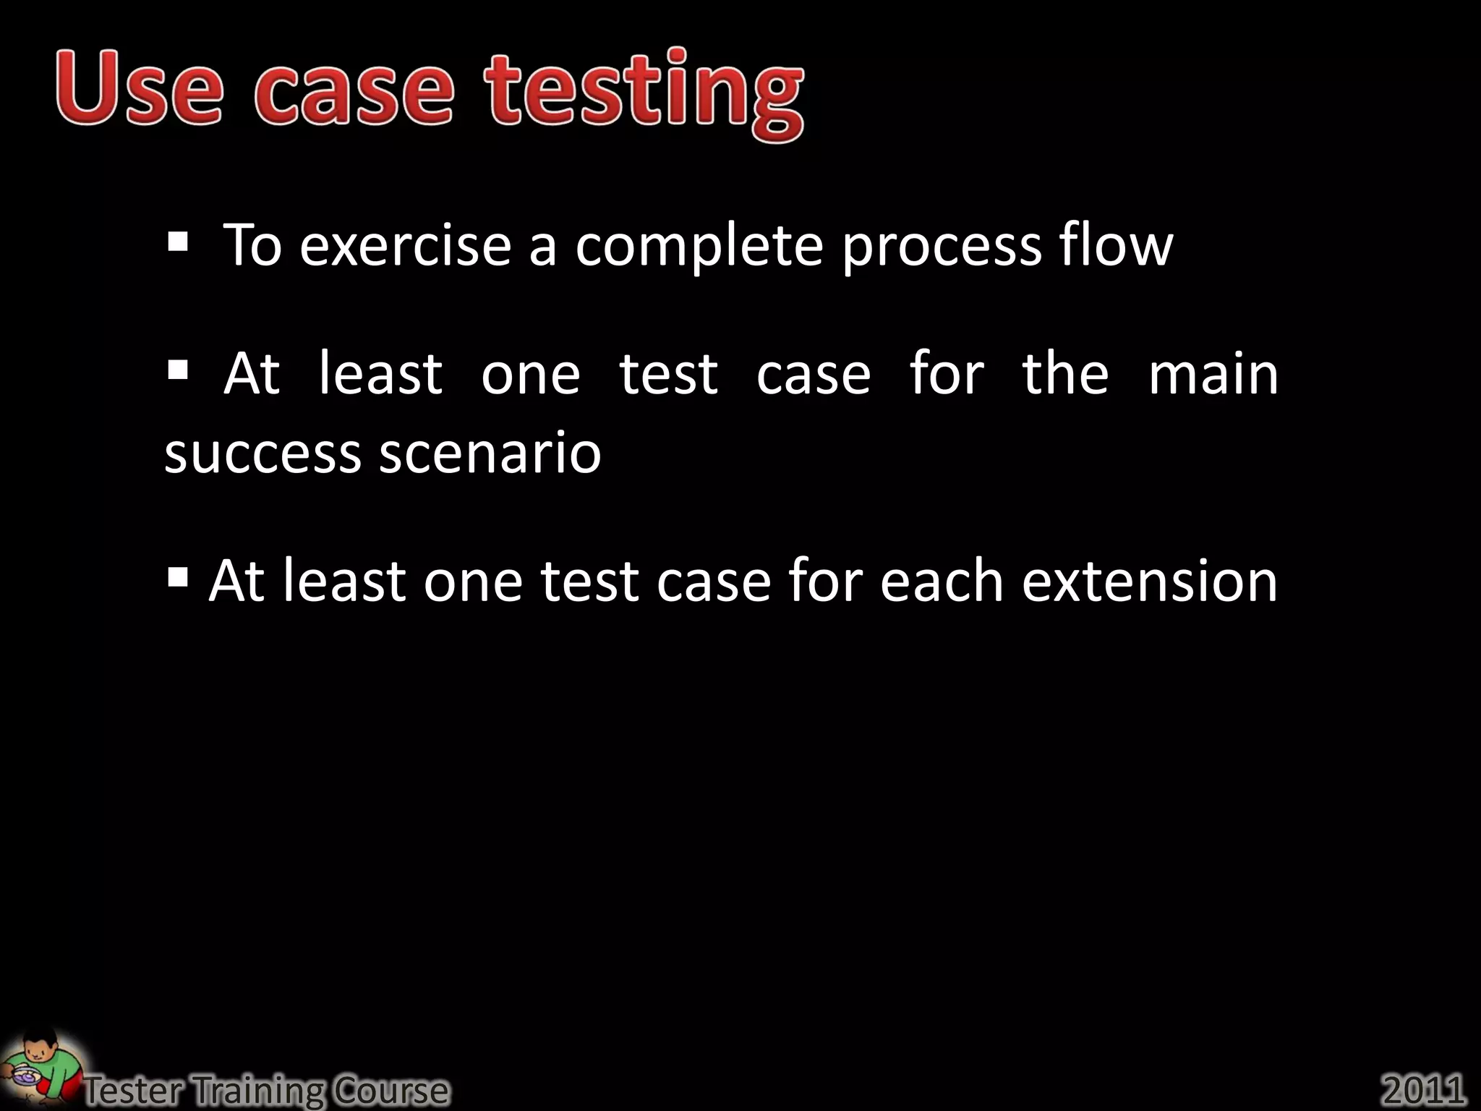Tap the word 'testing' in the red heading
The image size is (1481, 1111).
point(644,94)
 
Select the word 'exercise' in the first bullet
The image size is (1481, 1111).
point(406,246)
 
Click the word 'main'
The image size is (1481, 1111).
point(1213,374)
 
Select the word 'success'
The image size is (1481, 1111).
point(263,454)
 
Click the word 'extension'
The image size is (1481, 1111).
point(1149,582)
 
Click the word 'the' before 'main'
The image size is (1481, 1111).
point(1064,374)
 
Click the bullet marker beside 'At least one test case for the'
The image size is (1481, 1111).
point(177,370)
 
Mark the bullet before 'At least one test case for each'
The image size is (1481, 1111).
point(177,577)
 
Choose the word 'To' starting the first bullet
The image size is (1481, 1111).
point(252,245)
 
